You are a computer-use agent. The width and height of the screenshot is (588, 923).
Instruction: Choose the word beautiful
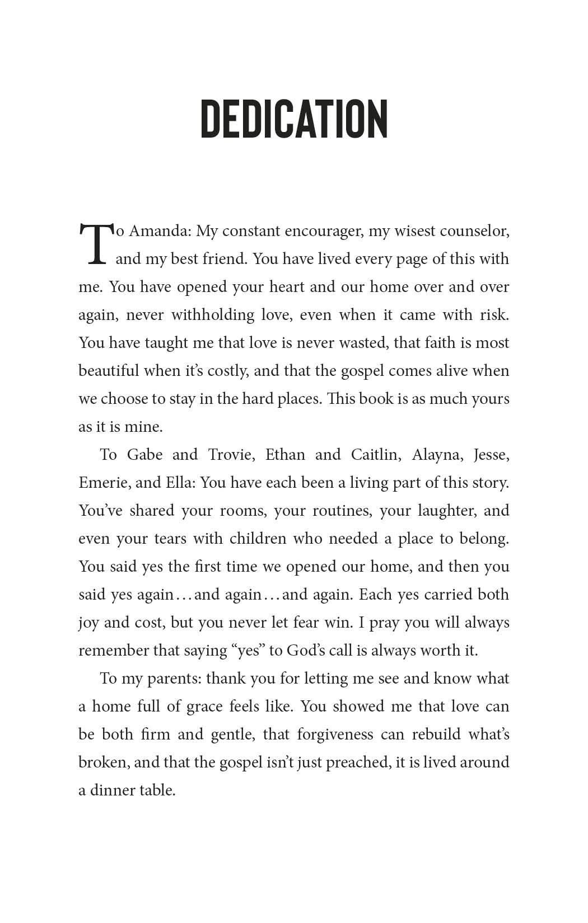(109, 371)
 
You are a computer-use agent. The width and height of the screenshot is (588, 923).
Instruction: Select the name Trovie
(231, 455)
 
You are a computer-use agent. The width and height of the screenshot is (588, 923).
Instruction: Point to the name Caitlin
(376, 455)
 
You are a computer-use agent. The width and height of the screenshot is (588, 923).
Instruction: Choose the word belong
(484, 539)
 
